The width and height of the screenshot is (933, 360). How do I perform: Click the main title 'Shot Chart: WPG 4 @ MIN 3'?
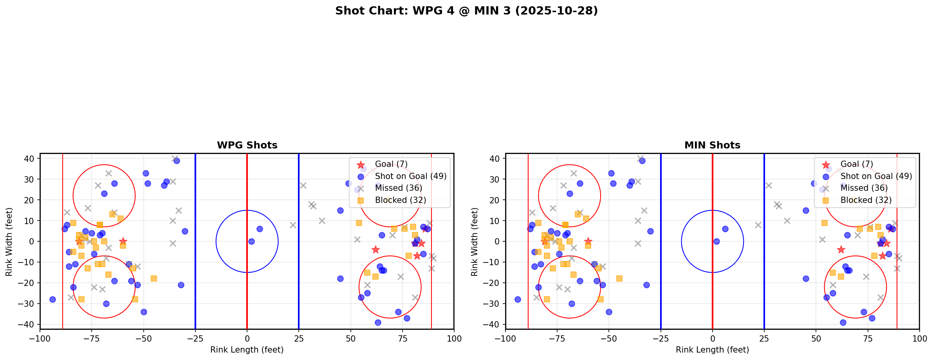(466, 11)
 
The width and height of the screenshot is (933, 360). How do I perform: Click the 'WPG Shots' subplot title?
(247, 145)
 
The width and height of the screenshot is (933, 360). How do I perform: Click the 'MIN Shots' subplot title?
(712, 145)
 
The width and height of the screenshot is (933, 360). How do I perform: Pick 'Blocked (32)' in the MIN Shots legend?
(866, 200)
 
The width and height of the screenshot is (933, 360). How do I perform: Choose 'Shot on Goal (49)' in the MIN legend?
(876, 176)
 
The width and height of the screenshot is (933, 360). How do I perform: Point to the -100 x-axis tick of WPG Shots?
(40, 338)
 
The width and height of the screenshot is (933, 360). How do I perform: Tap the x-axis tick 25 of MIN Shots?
(764, 338)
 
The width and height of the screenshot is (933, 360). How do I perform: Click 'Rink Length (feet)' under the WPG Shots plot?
(247, 350)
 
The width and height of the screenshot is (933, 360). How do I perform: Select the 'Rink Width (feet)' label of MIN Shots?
(475, 242)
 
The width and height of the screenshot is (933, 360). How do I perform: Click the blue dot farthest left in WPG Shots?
(52, 299)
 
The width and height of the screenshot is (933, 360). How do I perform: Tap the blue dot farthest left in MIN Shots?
(518, 299)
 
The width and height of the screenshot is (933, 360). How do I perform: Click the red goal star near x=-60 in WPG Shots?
(123, 241)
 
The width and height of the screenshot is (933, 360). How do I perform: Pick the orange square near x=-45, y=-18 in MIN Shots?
(619, 279)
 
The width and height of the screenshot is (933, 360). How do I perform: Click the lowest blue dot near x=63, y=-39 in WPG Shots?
(378, 322)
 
